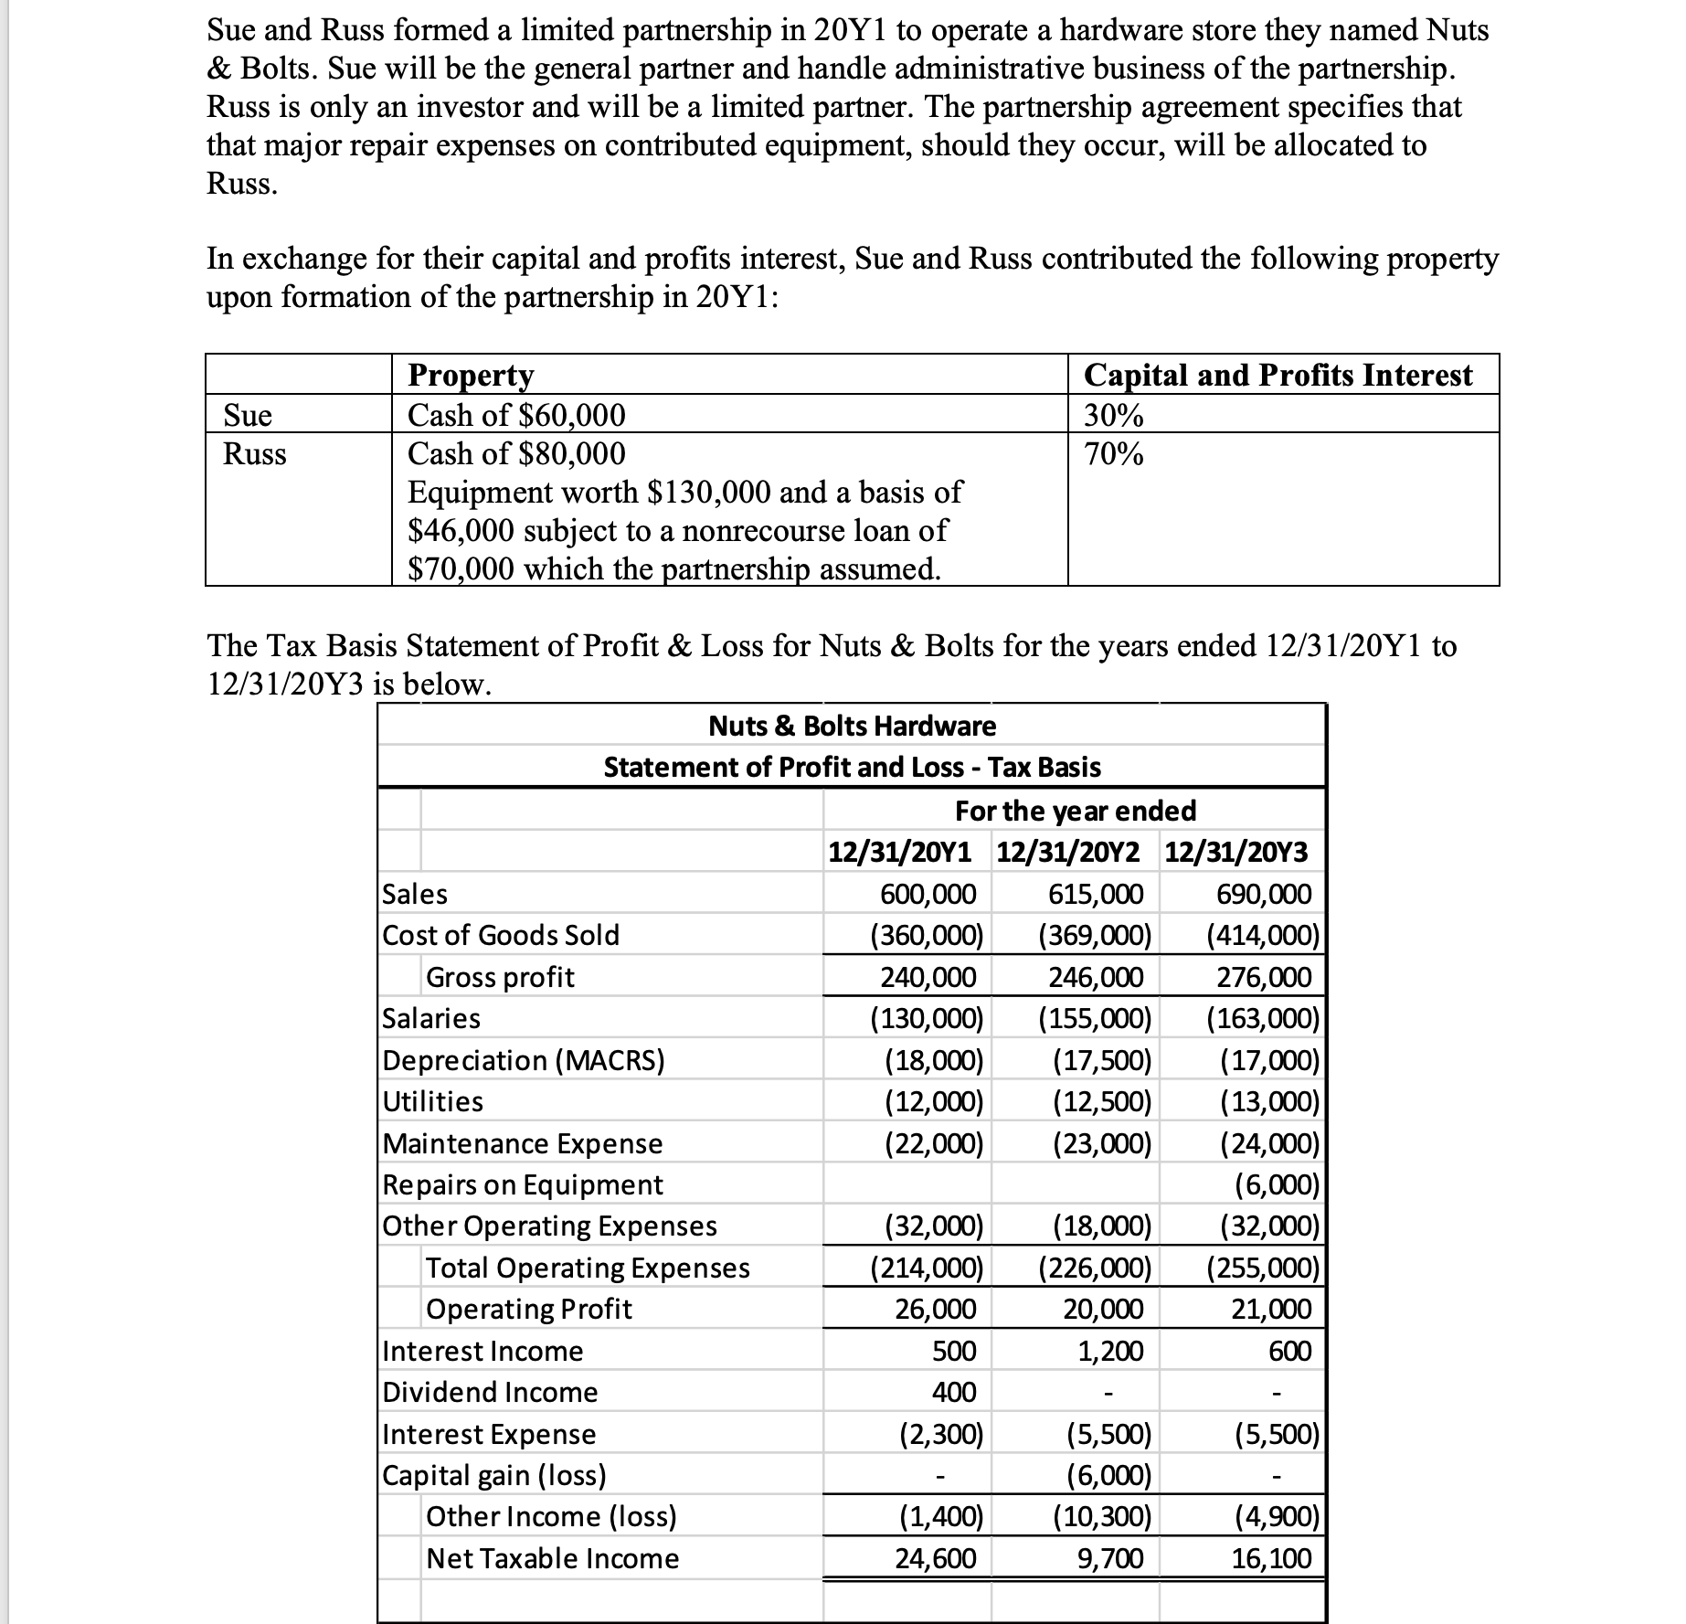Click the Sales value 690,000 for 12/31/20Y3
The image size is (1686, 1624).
point(1264,894)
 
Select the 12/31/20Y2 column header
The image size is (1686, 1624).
point(1068,852)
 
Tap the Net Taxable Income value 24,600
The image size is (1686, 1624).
point(935,1558)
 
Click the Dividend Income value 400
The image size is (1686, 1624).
point(954,1392)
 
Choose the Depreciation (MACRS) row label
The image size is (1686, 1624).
point(524,1060)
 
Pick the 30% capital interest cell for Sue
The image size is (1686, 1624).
point(1113,416)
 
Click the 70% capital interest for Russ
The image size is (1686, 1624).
point(1113,454)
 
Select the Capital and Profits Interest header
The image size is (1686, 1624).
point(1278,375)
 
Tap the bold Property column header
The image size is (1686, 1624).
point(471,375)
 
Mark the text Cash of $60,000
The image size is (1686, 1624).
point(516,416)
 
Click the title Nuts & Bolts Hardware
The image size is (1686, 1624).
point(852,726)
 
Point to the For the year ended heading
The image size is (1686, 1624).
point(1076,811)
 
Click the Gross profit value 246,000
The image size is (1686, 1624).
point(1096,977)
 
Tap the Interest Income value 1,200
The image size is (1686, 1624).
point(1110,1351)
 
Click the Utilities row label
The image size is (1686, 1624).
point(433,1101)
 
